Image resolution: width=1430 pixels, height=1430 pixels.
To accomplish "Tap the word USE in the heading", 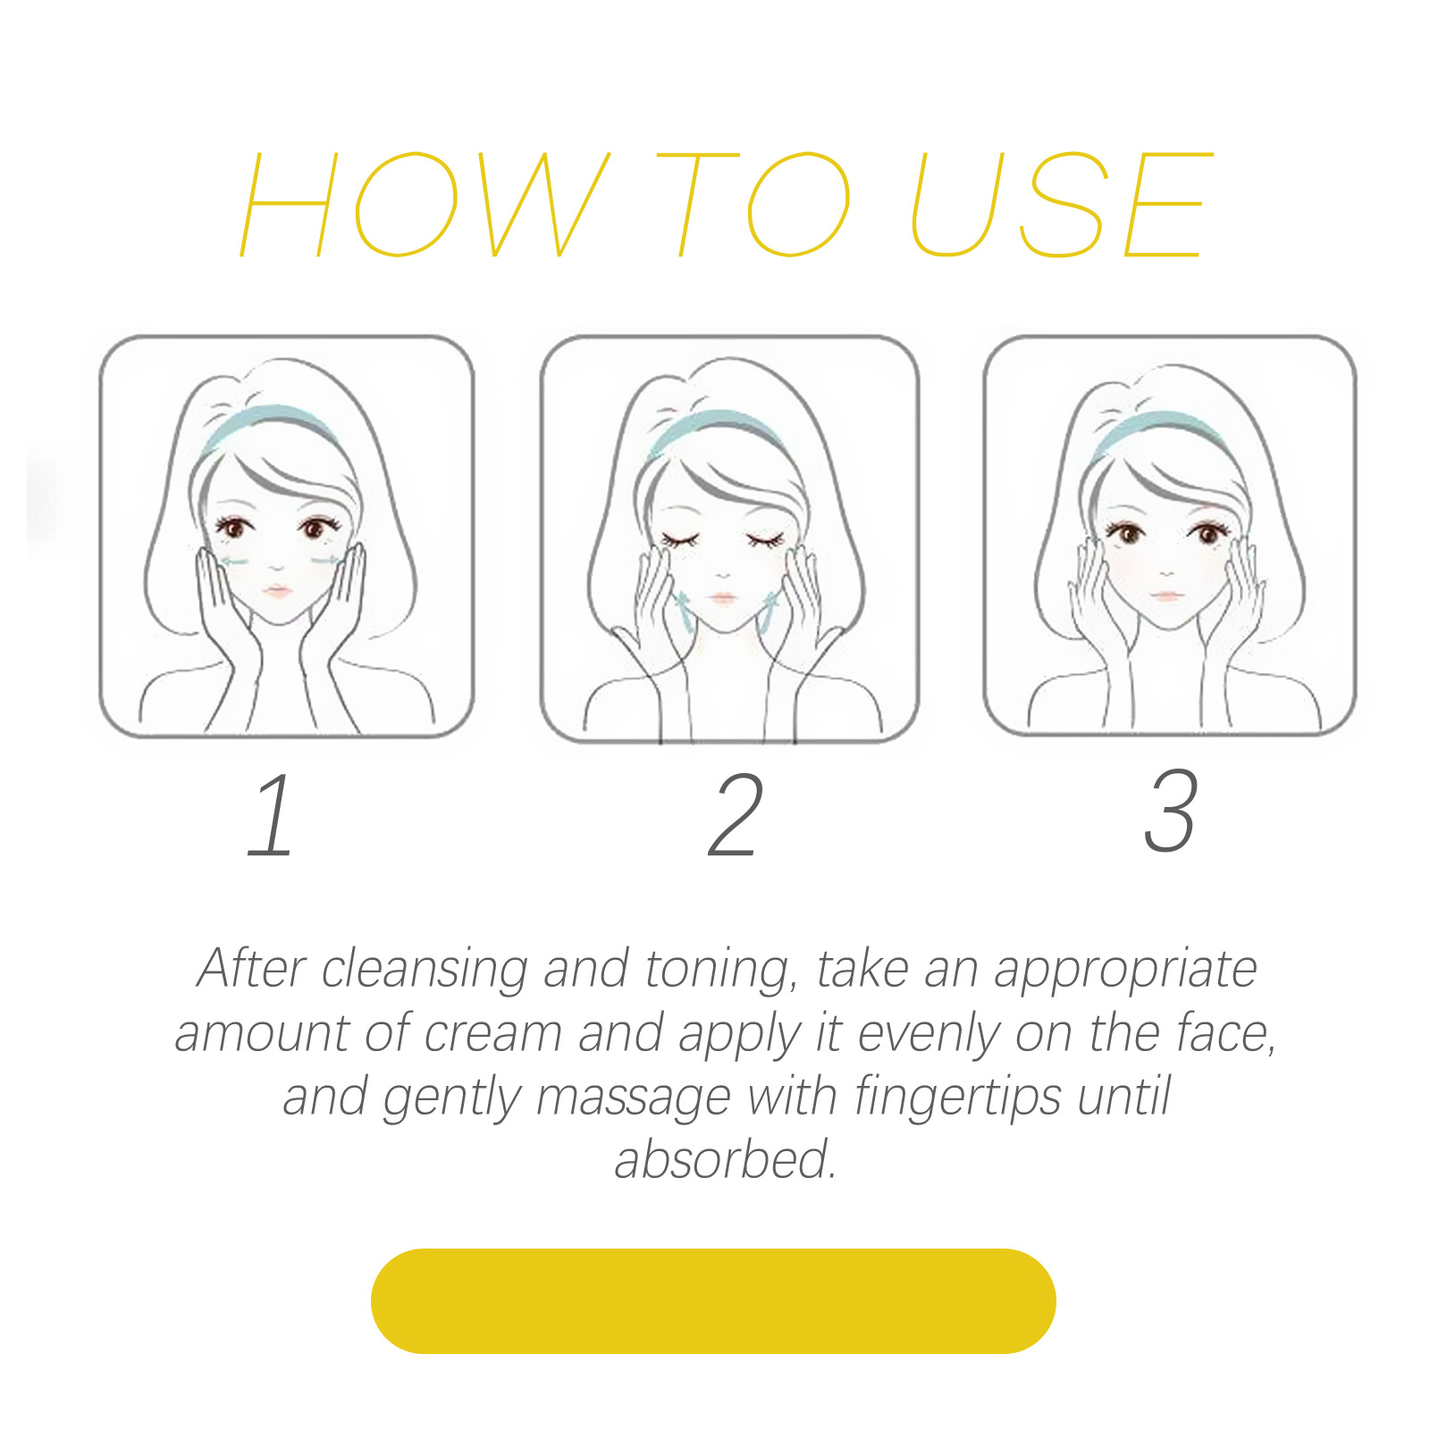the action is click(x=1063, y=204).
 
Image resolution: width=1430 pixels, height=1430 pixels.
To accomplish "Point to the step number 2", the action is click(x=736, y=815).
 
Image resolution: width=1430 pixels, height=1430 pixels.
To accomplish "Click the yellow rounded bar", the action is click(x=713, y=1300).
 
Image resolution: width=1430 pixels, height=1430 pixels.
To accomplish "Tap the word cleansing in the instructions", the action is click(x=424, y=971).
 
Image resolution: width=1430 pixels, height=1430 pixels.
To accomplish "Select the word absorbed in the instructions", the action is click(x=725, y=1160).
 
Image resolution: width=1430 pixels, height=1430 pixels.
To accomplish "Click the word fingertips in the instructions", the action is click(x=957, y=1098).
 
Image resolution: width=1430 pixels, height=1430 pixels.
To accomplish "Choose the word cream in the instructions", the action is click(x=492, y=1035).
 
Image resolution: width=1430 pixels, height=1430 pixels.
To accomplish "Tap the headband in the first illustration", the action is click(x=268, y=422).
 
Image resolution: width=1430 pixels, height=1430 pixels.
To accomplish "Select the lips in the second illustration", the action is click(x=722, y=597).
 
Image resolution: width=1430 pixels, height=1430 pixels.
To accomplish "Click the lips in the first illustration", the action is click(x=276, y=591).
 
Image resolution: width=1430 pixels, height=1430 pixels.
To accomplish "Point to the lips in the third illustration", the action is click(x=1165, y=593).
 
